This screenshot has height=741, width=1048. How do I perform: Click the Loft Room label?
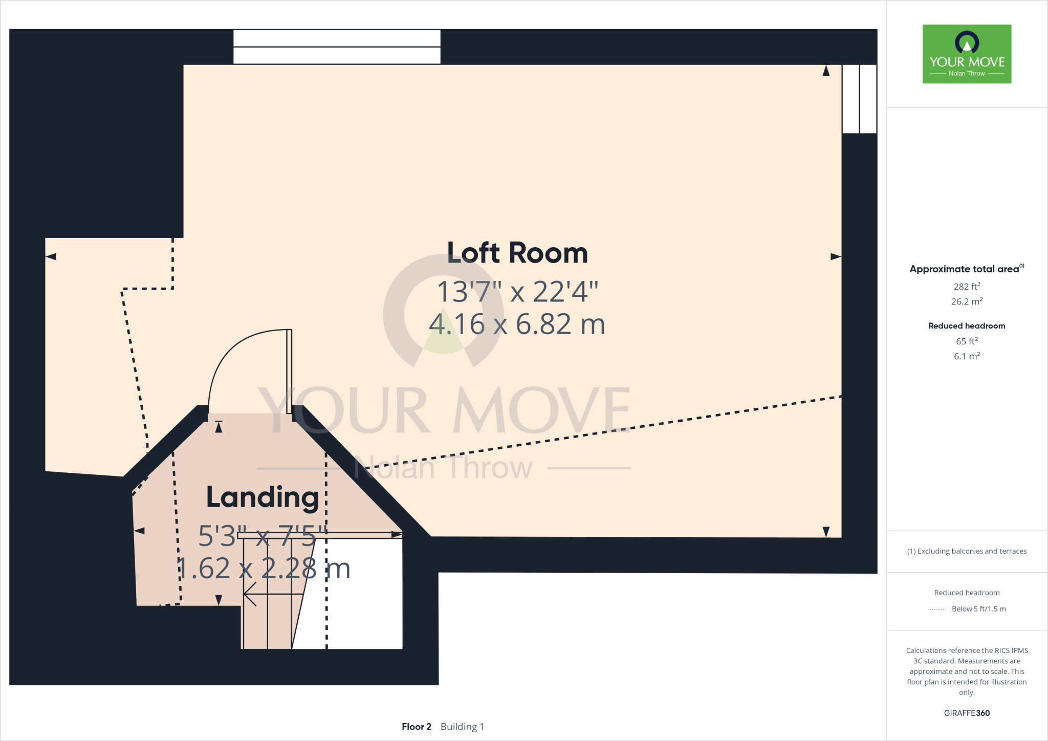[517, 253]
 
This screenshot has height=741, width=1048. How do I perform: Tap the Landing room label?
[263, 497]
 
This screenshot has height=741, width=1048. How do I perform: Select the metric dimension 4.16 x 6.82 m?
[517, 324]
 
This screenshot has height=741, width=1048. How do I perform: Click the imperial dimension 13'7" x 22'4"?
[517, 292]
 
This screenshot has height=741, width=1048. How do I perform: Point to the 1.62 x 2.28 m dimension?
[264, 569]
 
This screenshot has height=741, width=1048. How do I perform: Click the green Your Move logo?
[967, 54]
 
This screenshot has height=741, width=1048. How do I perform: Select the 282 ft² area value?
[967, 287]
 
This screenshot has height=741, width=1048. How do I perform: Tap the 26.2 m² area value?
[967, 301]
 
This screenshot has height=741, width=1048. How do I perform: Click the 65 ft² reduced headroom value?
[967, 341]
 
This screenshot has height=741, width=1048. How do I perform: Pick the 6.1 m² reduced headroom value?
[967, 356]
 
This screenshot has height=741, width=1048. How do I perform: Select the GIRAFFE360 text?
[967, 713]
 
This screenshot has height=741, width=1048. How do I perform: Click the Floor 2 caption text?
[417, 727]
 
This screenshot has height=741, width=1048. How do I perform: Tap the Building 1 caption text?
[462, 727]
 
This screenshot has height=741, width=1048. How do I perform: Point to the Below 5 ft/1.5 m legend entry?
[978, 609]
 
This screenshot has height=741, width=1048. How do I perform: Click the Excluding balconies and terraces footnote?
[967, 551]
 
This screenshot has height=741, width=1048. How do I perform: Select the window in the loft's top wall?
[337, 47]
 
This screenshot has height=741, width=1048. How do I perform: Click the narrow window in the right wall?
[859, 99]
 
